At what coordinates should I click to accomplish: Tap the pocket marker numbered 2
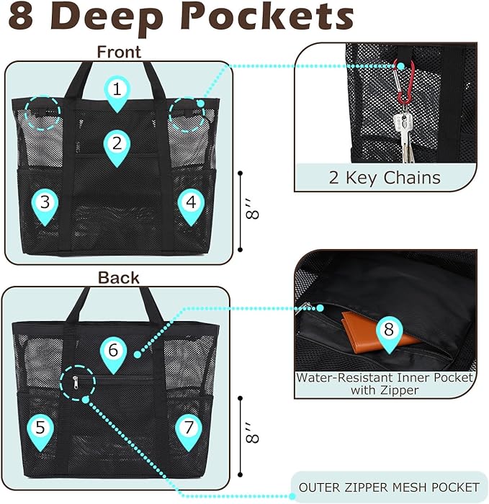pos(117,148)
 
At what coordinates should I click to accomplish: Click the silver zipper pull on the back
pos(75,382)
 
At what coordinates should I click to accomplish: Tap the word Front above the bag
pos(119,52)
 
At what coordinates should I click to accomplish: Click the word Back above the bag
pos(119,278)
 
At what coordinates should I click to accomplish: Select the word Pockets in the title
pos(267,17)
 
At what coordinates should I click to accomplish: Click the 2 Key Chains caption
pos(385,177)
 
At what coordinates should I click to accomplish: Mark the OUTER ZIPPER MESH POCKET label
pos(389,487)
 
